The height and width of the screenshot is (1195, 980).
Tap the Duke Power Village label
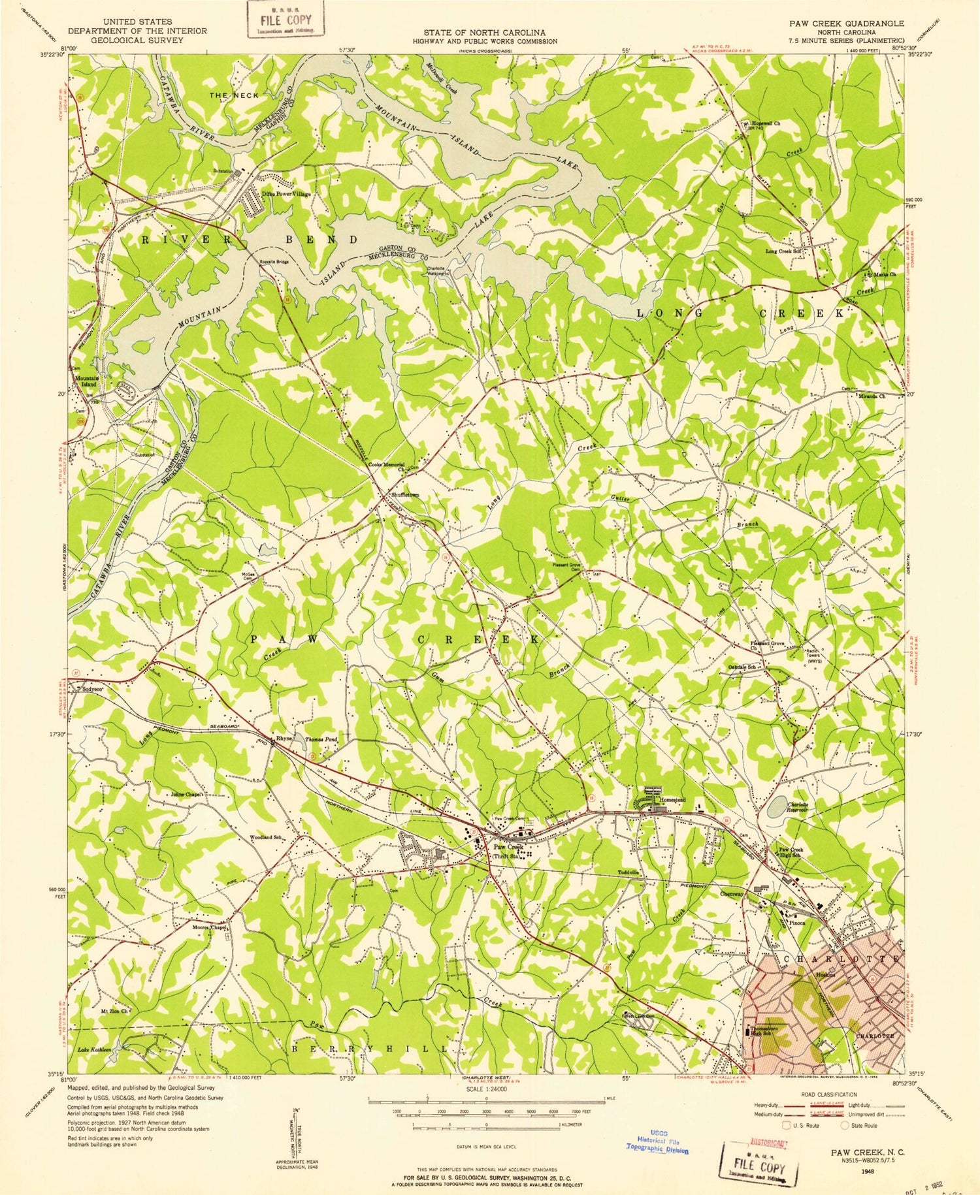pyautogui.click(x=286, y=194)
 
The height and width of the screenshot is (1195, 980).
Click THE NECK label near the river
pyautogui.click(x=234, y=95)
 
